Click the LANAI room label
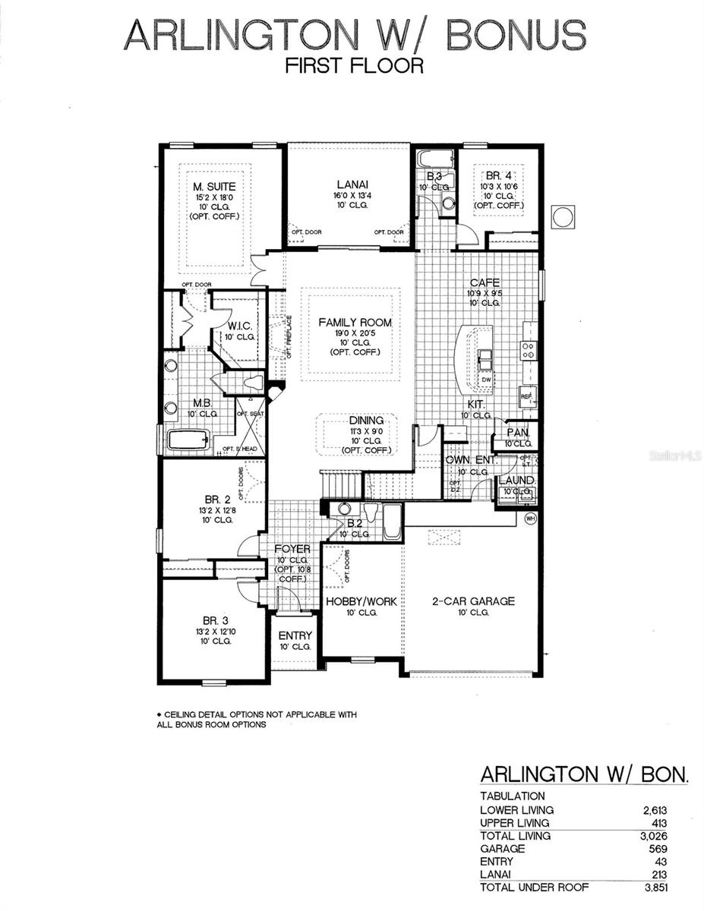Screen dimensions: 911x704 352,184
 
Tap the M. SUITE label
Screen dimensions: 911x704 213,186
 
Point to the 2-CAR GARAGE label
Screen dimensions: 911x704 473,601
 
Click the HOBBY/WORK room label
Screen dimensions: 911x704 361,601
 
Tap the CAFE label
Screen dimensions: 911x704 484,282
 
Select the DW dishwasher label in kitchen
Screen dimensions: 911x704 485,380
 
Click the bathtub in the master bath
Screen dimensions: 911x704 188,440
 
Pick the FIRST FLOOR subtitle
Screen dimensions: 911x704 354,66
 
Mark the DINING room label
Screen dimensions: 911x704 366,421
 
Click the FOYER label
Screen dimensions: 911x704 292,549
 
